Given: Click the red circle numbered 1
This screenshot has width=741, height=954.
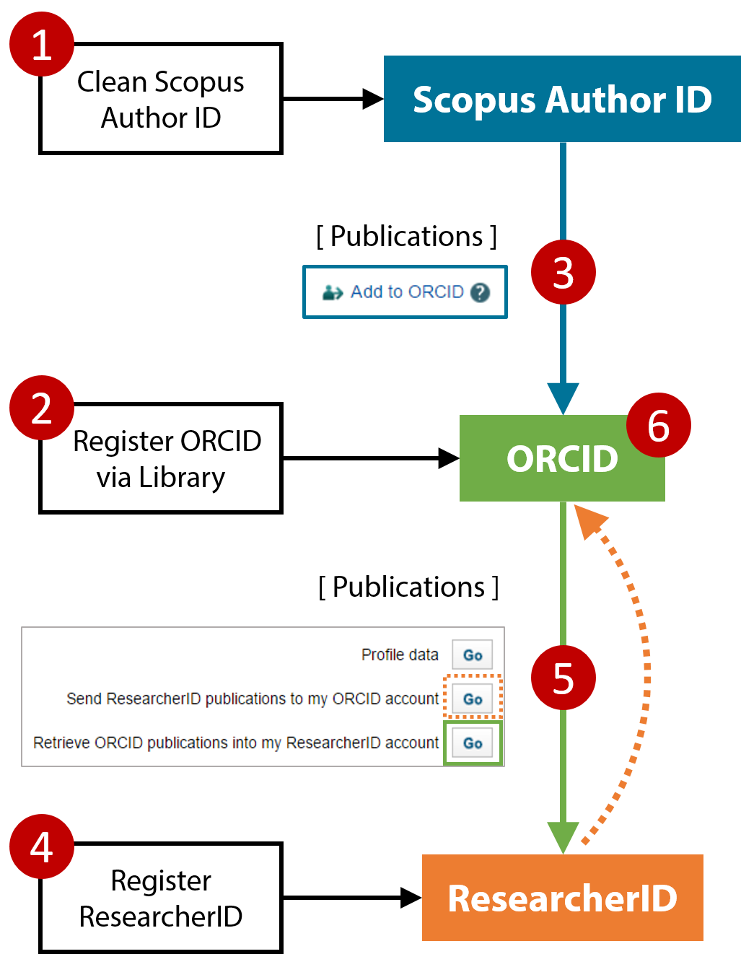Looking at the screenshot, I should click(42, 44).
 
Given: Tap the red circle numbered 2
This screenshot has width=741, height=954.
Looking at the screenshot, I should click(42, 408).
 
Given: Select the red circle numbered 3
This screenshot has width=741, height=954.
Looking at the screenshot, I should click(564, 272).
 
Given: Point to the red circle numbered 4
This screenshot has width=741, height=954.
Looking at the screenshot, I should click(42, 846).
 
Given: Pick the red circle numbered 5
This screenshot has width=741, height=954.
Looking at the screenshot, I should click(564, 678).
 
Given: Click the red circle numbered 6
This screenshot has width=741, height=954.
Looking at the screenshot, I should click(659, 425).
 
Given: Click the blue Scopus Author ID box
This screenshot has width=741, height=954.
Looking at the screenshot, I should click(562, 99).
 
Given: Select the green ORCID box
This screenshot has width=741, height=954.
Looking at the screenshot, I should click(562, 458).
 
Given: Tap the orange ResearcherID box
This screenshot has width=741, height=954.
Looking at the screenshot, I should click(562, 898).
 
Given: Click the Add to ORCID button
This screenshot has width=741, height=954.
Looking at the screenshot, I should click(405, 292).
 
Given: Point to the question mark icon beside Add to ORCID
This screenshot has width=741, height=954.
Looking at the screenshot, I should click(480, 292).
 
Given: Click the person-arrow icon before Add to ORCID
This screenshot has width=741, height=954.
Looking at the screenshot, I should click(333, 292).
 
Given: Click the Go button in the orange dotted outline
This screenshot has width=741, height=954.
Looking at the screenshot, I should click(473, 699).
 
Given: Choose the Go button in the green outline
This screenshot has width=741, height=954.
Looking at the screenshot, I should click(473, 743).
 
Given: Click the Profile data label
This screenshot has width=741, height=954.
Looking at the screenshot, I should click(400, 655).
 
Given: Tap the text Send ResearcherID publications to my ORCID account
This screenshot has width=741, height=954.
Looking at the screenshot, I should click(253, 699).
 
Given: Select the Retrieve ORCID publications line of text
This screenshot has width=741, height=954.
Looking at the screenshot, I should click(236, 743).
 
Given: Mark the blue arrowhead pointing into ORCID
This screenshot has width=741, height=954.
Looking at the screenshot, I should click(563, 398).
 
